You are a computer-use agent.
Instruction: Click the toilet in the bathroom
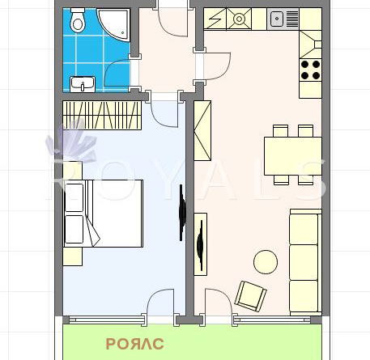point(78,20)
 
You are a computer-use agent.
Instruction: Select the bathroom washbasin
point(83,84)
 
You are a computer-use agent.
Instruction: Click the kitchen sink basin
point(277,19)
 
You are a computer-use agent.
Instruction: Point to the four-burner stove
point(310,70)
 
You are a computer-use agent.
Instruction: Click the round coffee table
point(266,262)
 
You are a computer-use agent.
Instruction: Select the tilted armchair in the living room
point(251,296)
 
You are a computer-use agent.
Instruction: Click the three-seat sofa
point(305,262)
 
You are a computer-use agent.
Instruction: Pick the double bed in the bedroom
point(103,214)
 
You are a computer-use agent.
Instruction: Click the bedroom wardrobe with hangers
point(102,115)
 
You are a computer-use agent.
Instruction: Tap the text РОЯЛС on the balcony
point(135,344)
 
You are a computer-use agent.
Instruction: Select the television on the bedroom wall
point(182,213)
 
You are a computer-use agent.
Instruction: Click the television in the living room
point(200,244)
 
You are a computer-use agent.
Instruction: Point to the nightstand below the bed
point(73,256)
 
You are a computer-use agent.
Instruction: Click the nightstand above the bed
point(73,171)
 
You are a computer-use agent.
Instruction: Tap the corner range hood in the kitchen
point(310,44)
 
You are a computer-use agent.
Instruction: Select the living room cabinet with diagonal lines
point(202,130)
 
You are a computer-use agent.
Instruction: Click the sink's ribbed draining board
point(292,19)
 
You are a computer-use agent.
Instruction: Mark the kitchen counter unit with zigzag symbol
point(215,19)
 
